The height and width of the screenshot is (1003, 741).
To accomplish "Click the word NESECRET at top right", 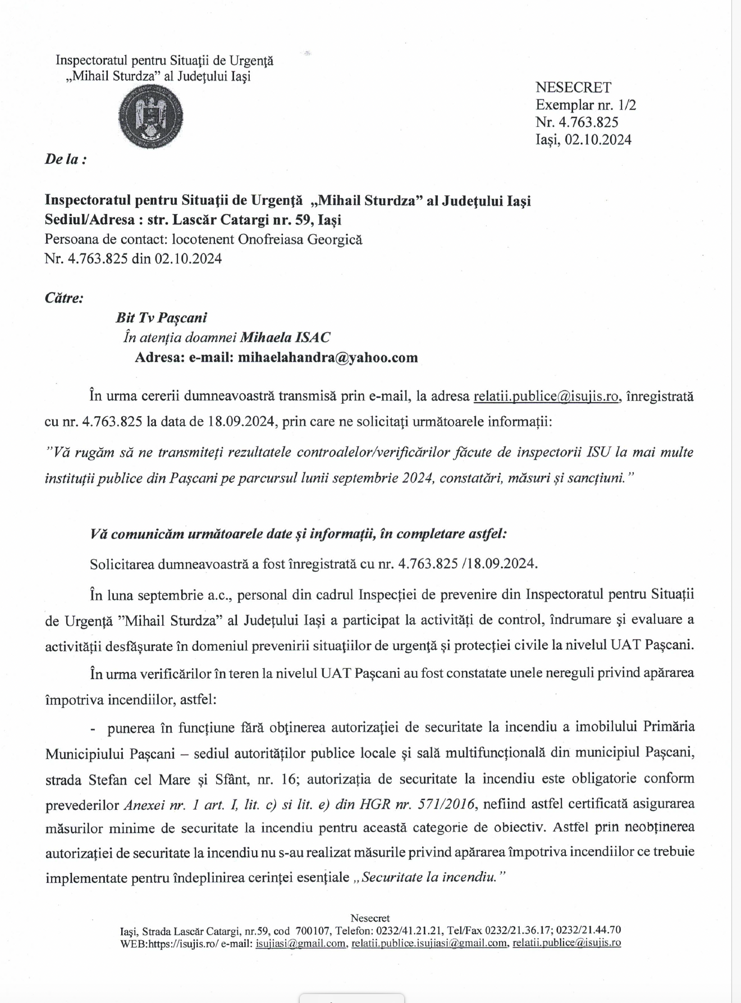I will click(x=573, y=88).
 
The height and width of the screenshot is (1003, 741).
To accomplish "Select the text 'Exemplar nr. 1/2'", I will click(x=586, y=105).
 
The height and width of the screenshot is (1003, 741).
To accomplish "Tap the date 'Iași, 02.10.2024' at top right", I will click(x=583, y=140).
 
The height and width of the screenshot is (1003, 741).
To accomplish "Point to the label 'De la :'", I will click(x=66, y=159).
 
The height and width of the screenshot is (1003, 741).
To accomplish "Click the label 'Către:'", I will click(x=64, y=298).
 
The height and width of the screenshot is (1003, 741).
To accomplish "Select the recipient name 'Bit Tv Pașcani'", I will click(x=161, y=318).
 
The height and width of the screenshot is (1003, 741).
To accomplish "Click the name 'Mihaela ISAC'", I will click(x=285, y=338).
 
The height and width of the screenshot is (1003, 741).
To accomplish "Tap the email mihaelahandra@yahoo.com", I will click(x=328, y=358).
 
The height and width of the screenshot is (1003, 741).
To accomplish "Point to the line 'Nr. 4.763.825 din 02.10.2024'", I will click(x=133, y=259).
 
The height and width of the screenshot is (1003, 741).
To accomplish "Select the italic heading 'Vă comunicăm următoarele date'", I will click(x=191, y=534).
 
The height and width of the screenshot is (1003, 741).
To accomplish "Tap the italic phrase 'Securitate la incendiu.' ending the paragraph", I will click(x=433, y=877).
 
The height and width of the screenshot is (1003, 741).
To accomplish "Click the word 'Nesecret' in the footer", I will click(x=370, y=918).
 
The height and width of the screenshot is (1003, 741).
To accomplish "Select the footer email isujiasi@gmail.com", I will click(x=300, y=943).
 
